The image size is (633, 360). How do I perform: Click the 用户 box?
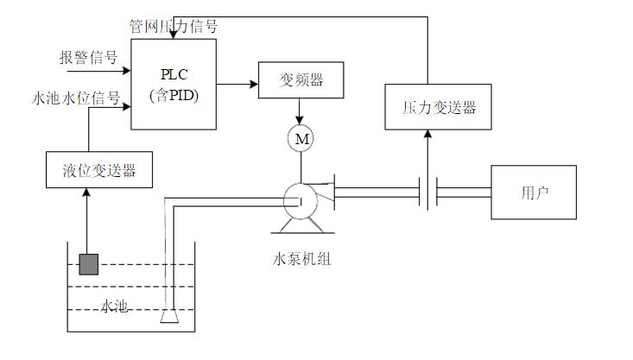point(535,191)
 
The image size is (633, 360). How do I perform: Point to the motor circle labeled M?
point(300,139)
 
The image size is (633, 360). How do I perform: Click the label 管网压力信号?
point(174,27)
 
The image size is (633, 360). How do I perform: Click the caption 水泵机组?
point(301,257)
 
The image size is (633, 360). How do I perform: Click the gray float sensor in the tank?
point(88,263)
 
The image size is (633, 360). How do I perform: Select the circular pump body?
point(299,200)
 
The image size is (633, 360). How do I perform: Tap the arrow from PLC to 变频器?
point(237,84)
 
